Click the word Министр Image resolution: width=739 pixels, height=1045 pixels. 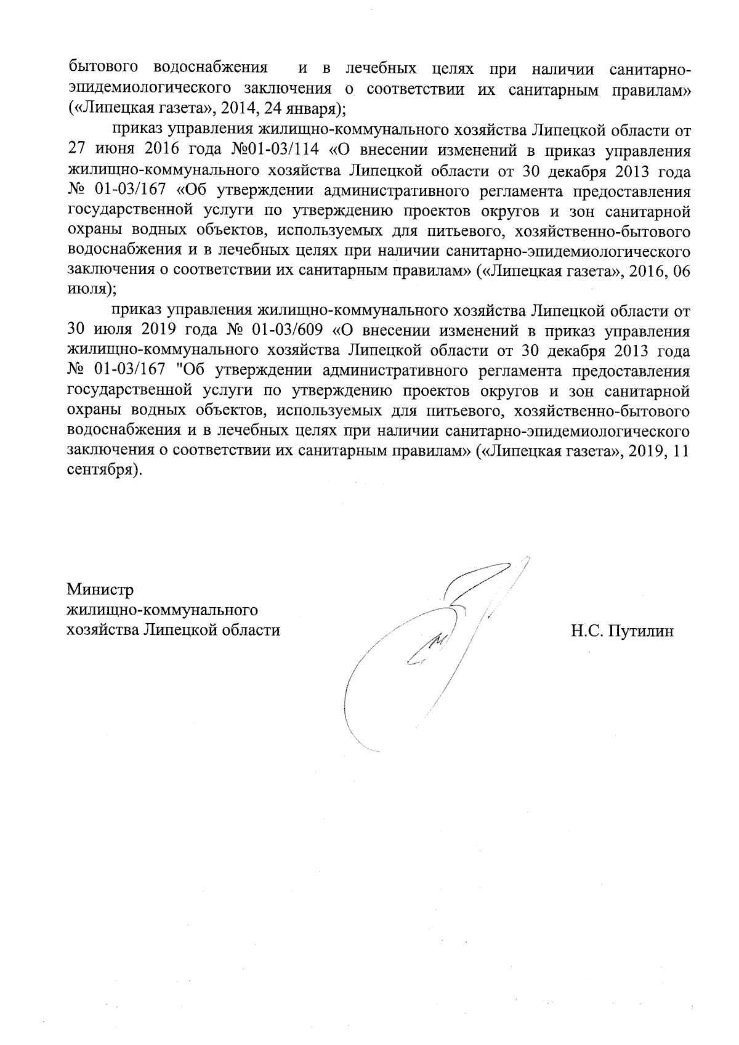click(100, 590)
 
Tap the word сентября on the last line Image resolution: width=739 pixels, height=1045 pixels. click(100, 470)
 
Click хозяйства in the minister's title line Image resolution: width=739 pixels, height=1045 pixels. click(103, 631)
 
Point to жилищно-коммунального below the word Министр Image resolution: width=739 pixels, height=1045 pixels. click(162, 610)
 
